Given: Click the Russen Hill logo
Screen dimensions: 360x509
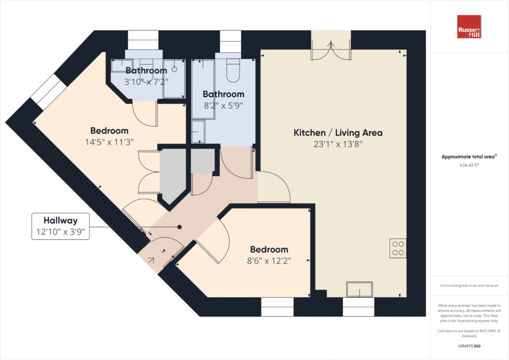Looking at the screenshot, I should [469, 27].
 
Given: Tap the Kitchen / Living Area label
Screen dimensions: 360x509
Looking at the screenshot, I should [337, 133].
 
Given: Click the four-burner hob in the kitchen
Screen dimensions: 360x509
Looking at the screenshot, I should [397, 248].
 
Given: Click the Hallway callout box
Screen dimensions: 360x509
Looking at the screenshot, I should [60, 226].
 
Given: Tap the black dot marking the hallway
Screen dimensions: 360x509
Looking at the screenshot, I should [179, 227].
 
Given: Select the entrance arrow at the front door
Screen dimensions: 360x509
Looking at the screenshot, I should [151, 260].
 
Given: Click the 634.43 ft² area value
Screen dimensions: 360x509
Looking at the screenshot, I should [469, 165].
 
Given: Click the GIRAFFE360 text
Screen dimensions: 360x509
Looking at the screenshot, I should [469, 345].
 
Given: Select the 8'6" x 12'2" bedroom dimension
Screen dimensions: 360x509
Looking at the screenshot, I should [269, 260].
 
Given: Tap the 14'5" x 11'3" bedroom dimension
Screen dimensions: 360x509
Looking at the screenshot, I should [109, 141].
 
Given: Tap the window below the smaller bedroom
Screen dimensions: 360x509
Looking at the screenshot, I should [277, 306].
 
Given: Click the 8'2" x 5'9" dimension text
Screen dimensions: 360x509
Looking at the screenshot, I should [223, 105].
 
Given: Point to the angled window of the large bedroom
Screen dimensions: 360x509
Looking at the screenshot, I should [48, 91].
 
